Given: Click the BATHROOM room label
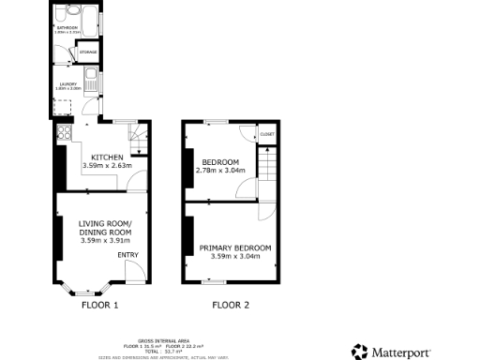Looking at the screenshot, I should click(67, 28).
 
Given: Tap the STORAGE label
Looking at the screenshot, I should click(87, 52).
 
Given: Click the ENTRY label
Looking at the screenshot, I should click(127, 255).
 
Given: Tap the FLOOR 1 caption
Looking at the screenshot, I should click(100, 305).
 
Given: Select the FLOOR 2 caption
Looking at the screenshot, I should click(231, 305).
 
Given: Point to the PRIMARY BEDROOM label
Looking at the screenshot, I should click(234, 247).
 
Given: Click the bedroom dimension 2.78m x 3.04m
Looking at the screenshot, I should click(220, 171).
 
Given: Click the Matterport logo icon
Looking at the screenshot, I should click(361, 352).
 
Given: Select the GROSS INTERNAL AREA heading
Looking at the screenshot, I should click(158, 339).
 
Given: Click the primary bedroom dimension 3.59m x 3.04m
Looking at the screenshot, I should click(234, 256).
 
